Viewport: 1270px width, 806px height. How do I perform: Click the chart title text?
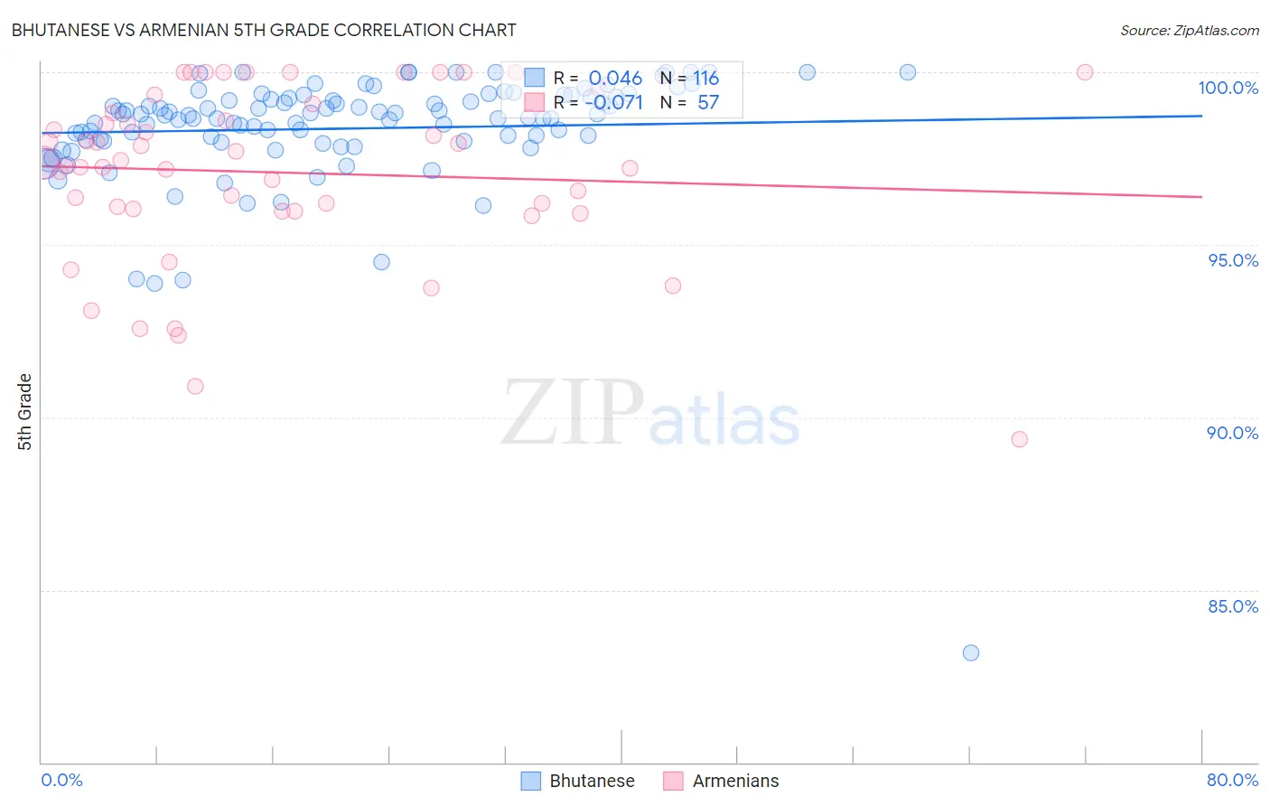(x=264, y=30)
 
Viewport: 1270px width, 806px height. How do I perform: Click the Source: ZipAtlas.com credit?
(x=1189, y=31)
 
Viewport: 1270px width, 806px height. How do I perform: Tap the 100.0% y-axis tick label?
(x=1228, y=88)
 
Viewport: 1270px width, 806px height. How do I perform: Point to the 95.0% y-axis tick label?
(x=1233, y=260)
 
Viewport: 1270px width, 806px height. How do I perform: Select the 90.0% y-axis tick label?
(x=1232, y=433)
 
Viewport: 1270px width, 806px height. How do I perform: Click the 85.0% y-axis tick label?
(x=1233, y=606)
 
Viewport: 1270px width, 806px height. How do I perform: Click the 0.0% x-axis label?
(x=61, y=780)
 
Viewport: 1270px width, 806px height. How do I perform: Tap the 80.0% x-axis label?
(x=1232, y=780)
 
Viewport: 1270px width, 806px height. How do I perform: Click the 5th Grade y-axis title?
(x=24, y=412)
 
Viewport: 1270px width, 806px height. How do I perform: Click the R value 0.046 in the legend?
(x=615, y=79)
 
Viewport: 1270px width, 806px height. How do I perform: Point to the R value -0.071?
(x=613, y=103)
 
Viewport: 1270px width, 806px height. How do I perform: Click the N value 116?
(x=705, y=79)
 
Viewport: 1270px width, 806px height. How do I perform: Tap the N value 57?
(x=708, y=103)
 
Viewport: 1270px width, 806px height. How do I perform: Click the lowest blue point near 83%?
(x=971, y=652)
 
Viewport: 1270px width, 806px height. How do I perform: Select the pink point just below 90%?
(x=1020, y=439)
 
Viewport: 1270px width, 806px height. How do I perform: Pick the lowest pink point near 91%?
(x=195, y=386)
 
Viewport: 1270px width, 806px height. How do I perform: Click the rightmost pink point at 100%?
(x=1085, y=72)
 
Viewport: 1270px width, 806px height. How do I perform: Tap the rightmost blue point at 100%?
(x=908, y=72)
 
